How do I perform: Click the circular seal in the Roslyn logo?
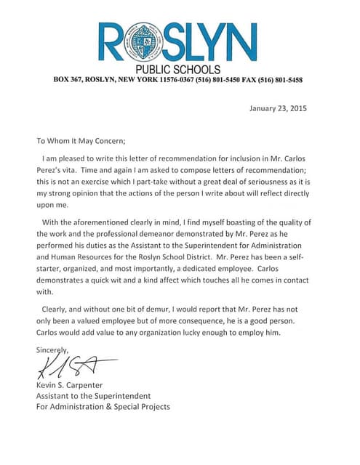coord(144,42)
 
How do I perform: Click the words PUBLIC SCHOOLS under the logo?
coord(178,69)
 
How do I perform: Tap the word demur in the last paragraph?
coord(156,309)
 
